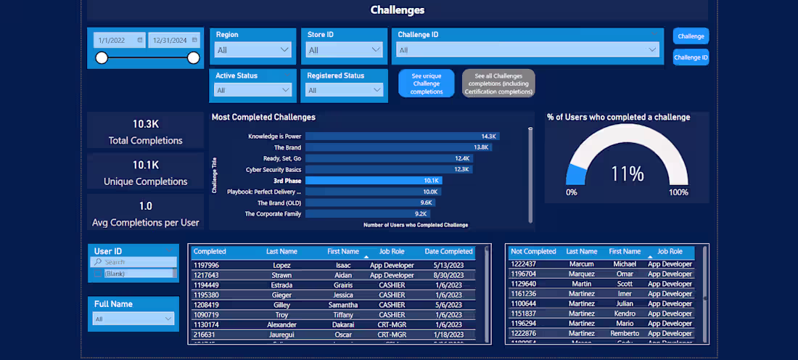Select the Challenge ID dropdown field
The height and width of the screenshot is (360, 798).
[x=527, y=50]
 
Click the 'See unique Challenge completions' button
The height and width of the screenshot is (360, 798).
[x=427, y=83]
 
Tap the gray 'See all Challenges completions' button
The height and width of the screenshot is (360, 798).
[x=498, y=83]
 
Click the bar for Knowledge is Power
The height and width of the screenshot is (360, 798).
[x=402, y=136]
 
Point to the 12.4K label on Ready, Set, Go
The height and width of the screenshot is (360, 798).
[x=462, y=158]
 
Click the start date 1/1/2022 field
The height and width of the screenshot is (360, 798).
[x=117, y=41]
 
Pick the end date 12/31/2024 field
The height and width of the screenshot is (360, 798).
[x=173, y=41]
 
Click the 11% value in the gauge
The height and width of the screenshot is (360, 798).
[x=627, y=174]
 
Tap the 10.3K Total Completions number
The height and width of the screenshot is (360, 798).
[x=145, y=124]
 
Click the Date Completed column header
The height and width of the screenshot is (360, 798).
[x=448, y=252]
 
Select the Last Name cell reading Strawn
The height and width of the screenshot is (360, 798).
[x=281, y=275]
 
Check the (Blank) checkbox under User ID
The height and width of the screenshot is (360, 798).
[x=98, y=274]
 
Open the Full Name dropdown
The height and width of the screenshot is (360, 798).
[x=133, y=319]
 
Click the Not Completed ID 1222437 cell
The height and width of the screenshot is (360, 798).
[x=523, y=264]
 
